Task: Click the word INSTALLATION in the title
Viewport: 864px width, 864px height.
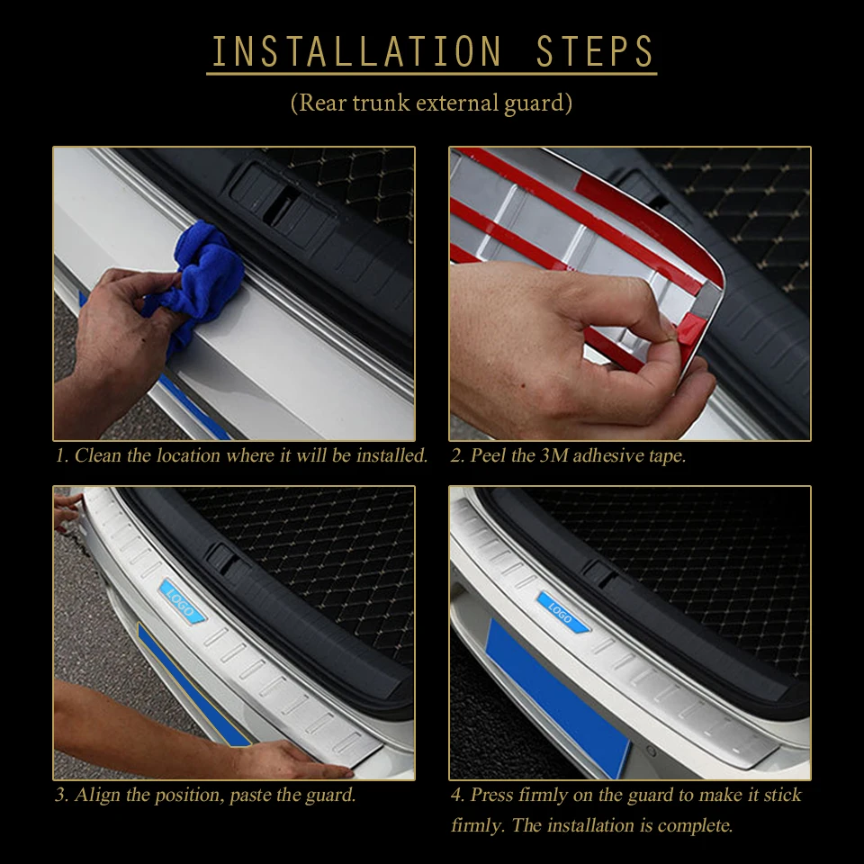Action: point(357,51)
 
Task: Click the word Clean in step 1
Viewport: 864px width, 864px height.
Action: point(97,455)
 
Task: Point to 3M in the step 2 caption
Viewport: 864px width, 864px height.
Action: point(553,455)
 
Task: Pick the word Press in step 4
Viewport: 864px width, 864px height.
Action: point(492,795)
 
